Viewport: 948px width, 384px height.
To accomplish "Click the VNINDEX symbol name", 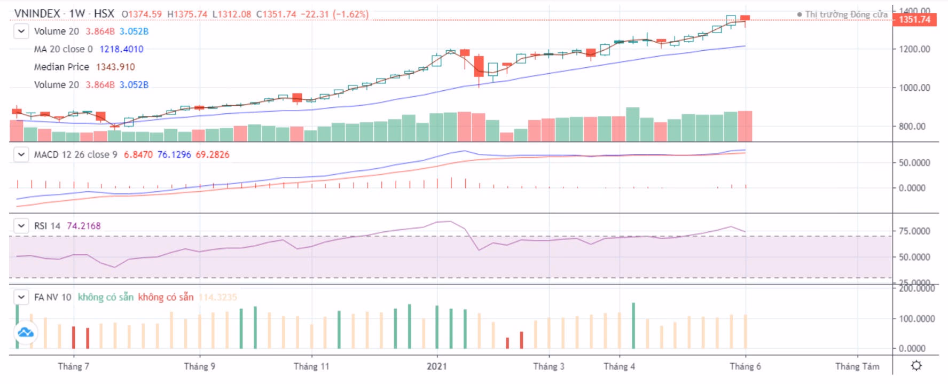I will [x=37, y=13].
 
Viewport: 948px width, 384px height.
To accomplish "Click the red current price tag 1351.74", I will [x=914, y=20].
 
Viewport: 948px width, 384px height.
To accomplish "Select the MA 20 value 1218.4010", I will [x=121, y=49].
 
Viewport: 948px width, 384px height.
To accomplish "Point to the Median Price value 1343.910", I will [x=115, y=67].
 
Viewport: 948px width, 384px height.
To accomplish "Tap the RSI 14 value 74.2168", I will [x=84, y=226].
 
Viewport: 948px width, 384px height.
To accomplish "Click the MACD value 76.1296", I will [x=174, y=154].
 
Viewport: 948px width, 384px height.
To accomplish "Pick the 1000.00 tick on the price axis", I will [x=914, y=88].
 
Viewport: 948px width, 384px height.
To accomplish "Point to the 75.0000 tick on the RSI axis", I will [x=914, y=231].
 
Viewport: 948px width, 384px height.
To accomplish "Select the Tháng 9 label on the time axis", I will [x=200, y=366].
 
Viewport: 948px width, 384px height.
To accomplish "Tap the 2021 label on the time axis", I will [x=437, y=366].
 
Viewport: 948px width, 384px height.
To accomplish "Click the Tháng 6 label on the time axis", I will [x=745, y=366].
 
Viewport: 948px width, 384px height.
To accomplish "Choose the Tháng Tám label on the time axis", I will [x=857, y=366].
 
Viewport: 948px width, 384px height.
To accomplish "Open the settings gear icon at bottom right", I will [x=916, y=366].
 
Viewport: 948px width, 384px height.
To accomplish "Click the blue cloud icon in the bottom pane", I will [x=26, y=333].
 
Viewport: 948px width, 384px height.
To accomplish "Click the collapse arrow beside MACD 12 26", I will [x=21, y=154].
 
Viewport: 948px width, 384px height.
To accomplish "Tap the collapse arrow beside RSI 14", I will [x=21, y=226].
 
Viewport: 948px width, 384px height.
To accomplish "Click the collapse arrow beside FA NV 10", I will [x=21, y=297].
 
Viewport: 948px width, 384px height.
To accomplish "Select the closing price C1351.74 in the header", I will [x=276, y=14].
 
